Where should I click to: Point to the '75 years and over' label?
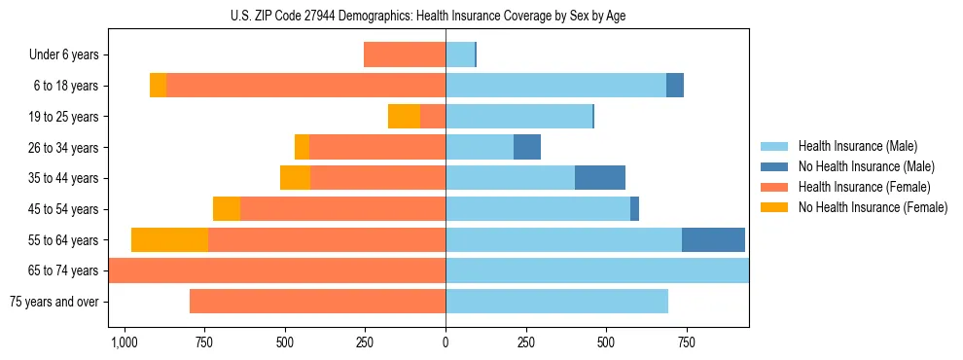(x=53, y=302)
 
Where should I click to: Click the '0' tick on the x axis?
(x=446, y=342)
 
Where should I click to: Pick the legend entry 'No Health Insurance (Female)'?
(x=873, y=207)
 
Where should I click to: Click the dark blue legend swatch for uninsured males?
(x=774, y=166)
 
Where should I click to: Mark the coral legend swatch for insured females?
(x=774, y=187)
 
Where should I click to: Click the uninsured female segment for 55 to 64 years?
(x=169, y=240)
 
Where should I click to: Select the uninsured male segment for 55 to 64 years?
(x=713, y=240)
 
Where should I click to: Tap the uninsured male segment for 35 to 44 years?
(x=600, y=178)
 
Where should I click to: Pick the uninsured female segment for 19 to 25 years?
(x=404, y=117)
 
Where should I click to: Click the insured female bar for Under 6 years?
(x=405, y=55)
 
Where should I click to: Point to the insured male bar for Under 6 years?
(x=460, y=55)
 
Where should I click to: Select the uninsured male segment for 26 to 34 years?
(x=527, y=148)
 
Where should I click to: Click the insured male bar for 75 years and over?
(x=556, y=302)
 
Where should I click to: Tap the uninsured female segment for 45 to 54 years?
(x=227, y=209)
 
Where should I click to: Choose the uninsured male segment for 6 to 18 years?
(x=675, y=86)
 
